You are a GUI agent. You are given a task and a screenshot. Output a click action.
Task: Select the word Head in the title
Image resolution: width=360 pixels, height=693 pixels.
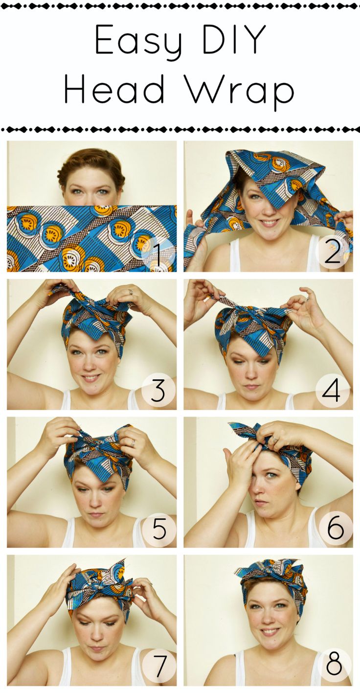coord(116,90)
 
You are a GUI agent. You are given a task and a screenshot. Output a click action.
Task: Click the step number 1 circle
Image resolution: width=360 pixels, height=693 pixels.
coord(158,254)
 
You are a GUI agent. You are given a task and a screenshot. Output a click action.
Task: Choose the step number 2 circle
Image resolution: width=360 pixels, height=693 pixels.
coord(333,254)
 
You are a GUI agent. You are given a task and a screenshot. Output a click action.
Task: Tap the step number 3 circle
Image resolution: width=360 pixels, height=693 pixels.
coord(158,392)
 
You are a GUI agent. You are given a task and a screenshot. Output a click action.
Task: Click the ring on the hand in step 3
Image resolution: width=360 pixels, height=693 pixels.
coord(131,292)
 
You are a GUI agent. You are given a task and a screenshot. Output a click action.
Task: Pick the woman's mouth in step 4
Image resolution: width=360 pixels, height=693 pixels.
coord(252,387)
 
